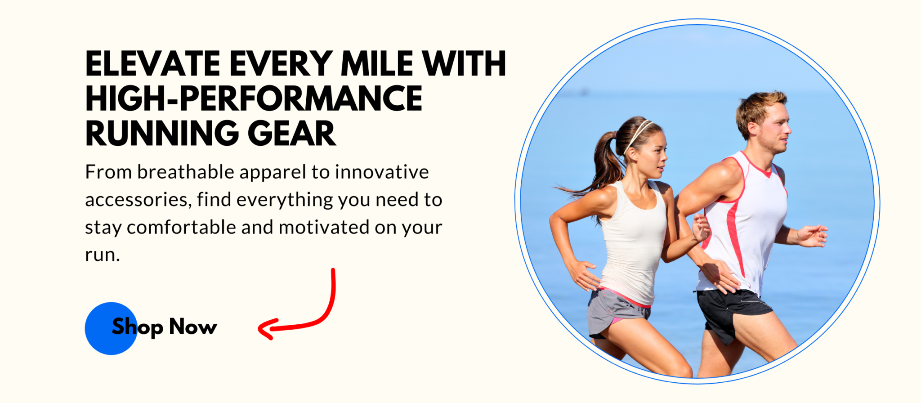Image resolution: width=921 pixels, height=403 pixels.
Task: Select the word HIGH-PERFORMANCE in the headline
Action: coord(254,99)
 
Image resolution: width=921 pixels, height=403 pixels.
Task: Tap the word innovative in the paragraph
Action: coord(382,172)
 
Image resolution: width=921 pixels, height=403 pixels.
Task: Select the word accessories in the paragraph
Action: coord(138,200)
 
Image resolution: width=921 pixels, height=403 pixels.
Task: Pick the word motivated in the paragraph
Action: coord(324,227)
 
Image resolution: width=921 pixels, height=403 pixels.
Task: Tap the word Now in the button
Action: coord(193,327)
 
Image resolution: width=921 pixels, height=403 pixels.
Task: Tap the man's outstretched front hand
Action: coord(813,235)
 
